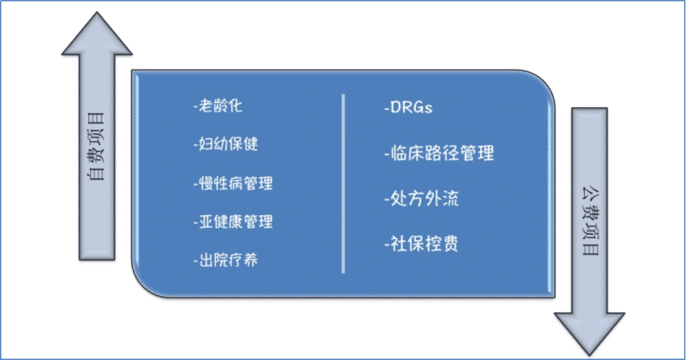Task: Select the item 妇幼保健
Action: [226, 145]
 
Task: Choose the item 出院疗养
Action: [226, 259]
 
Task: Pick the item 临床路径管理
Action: [440, 154]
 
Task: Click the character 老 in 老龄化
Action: [207, 107]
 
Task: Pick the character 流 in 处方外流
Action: [451, 200]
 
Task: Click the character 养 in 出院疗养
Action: [250, 259]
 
